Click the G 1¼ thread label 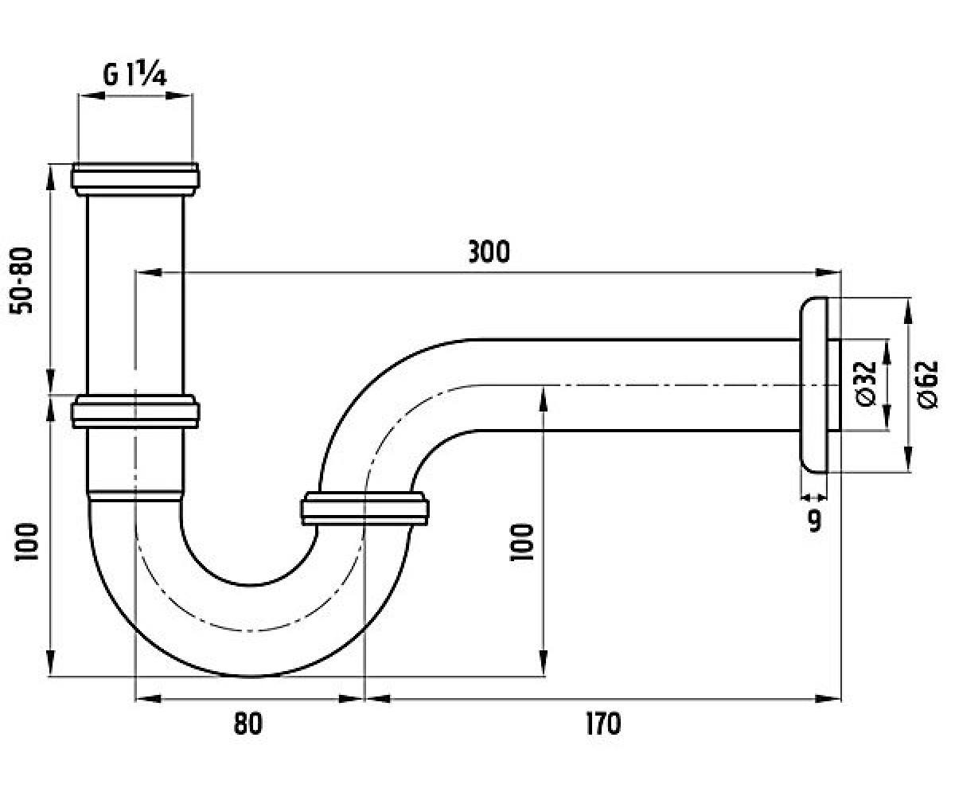pyautogui.click(x=134, y=76)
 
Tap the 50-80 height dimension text pyautogui.click(x=21, y=280)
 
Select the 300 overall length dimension pyautogui.click(x=489, y=252)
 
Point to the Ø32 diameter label pyautogui.click(x=865, y=384)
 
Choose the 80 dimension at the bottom pyautogui.click(x=248, y=724)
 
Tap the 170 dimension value pyautogui.click(x=603, y=724)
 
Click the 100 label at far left pyautogui.click(x=26, y=542)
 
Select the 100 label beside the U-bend pyautogui.click(x=521, y=542)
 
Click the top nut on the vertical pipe pyautogui.click(x=135, y=179)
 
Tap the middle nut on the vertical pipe pyautogui.click(x=135, y=412)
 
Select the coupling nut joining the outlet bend pyautogui.click(x=364, y=509)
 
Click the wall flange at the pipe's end pyautogui.click(x=813, y=384)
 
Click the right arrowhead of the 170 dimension pyautogui.click(x=828, y=699)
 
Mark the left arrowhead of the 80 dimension pyautogui.click(x=149, y=699)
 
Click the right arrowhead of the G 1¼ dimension pyautogui.click(x=177, y=96)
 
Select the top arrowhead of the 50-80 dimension pyautogui.click(x=51, y=177)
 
